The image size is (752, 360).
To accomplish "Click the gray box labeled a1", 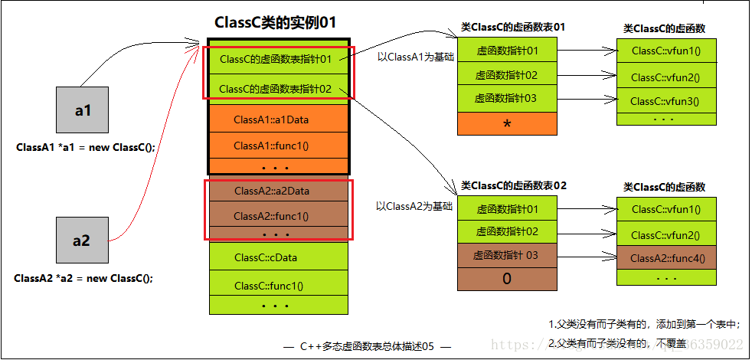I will tap(83, 110).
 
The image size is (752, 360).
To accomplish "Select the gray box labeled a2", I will tap(81, 241).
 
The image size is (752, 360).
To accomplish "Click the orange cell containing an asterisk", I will tap(507, 124).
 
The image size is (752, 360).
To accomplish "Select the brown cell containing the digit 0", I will tap(507, 279).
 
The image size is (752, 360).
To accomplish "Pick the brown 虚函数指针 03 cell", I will tap(507, 255).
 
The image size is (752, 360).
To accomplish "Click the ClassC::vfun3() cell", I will tap(665, 101).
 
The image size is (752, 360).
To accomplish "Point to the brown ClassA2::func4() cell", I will tap(665, 258).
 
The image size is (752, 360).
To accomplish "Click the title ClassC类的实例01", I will tap(276, 22).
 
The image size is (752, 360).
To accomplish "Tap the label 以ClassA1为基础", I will tap(414, 57).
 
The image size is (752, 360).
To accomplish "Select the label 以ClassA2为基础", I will tap(414, 206).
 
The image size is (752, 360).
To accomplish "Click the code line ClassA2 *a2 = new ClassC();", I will tap(83, 278).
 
